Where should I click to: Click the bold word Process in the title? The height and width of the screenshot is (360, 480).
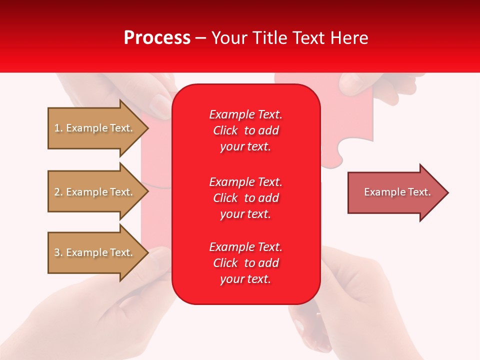pyautogui.click(x=157, y=38)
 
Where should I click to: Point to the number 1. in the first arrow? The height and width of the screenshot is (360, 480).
pyautogui.click(x=58, y=128)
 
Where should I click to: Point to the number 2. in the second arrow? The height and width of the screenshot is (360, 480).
pyautogui.click(x=58, y=192)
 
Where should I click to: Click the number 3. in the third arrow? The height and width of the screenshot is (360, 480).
pyautogui.click(x=58, y=252)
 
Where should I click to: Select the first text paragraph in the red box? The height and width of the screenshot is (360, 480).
pyautogui.click(x=245, y=130)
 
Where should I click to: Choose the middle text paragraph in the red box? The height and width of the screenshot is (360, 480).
pyautogui.click(x=245, y=198)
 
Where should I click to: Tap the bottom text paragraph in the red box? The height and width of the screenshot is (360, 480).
pyautogui.click(x=245, y=263)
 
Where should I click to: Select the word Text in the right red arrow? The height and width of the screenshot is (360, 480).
pyautogui.click(x=419, y=192)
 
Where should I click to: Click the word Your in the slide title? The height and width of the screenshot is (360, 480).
pyautogui.click(x=229, y=38)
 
